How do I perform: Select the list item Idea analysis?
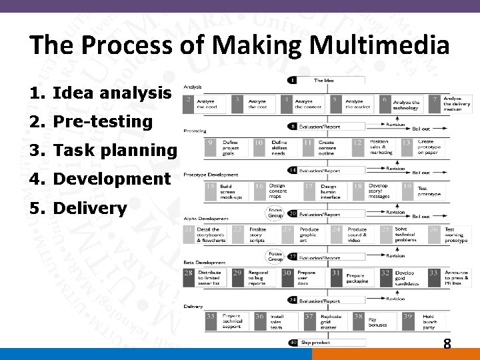[x=100, y=93]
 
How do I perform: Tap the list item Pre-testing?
[x=91, y=121]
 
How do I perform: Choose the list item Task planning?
[x=103, y=151]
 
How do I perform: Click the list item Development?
[x=99, y=179]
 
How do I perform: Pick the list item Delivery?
[x=77, y=208]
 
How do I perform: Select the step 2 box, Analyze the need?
[x=205, y=105]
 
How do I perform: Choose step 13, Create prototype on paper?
[x=425, y=147]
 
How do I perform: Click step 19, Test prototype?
[x=425, y=191]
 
